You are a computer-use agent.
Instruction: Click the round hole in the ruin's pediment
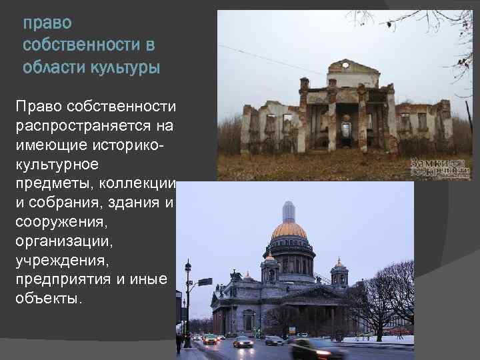click(344, 65)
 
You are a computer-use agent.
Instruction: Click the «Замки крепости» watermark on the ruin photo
click(440, 166)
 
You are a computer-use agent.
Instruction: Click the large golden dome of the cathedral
click(289, 231)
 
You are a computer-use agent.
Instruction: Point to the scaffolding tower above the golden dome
click(289, 211)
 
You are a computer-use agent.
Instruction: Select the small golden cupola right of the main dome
click(339, 263)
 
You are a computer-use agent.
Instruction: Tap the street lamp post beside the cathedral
click(188, 300)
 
